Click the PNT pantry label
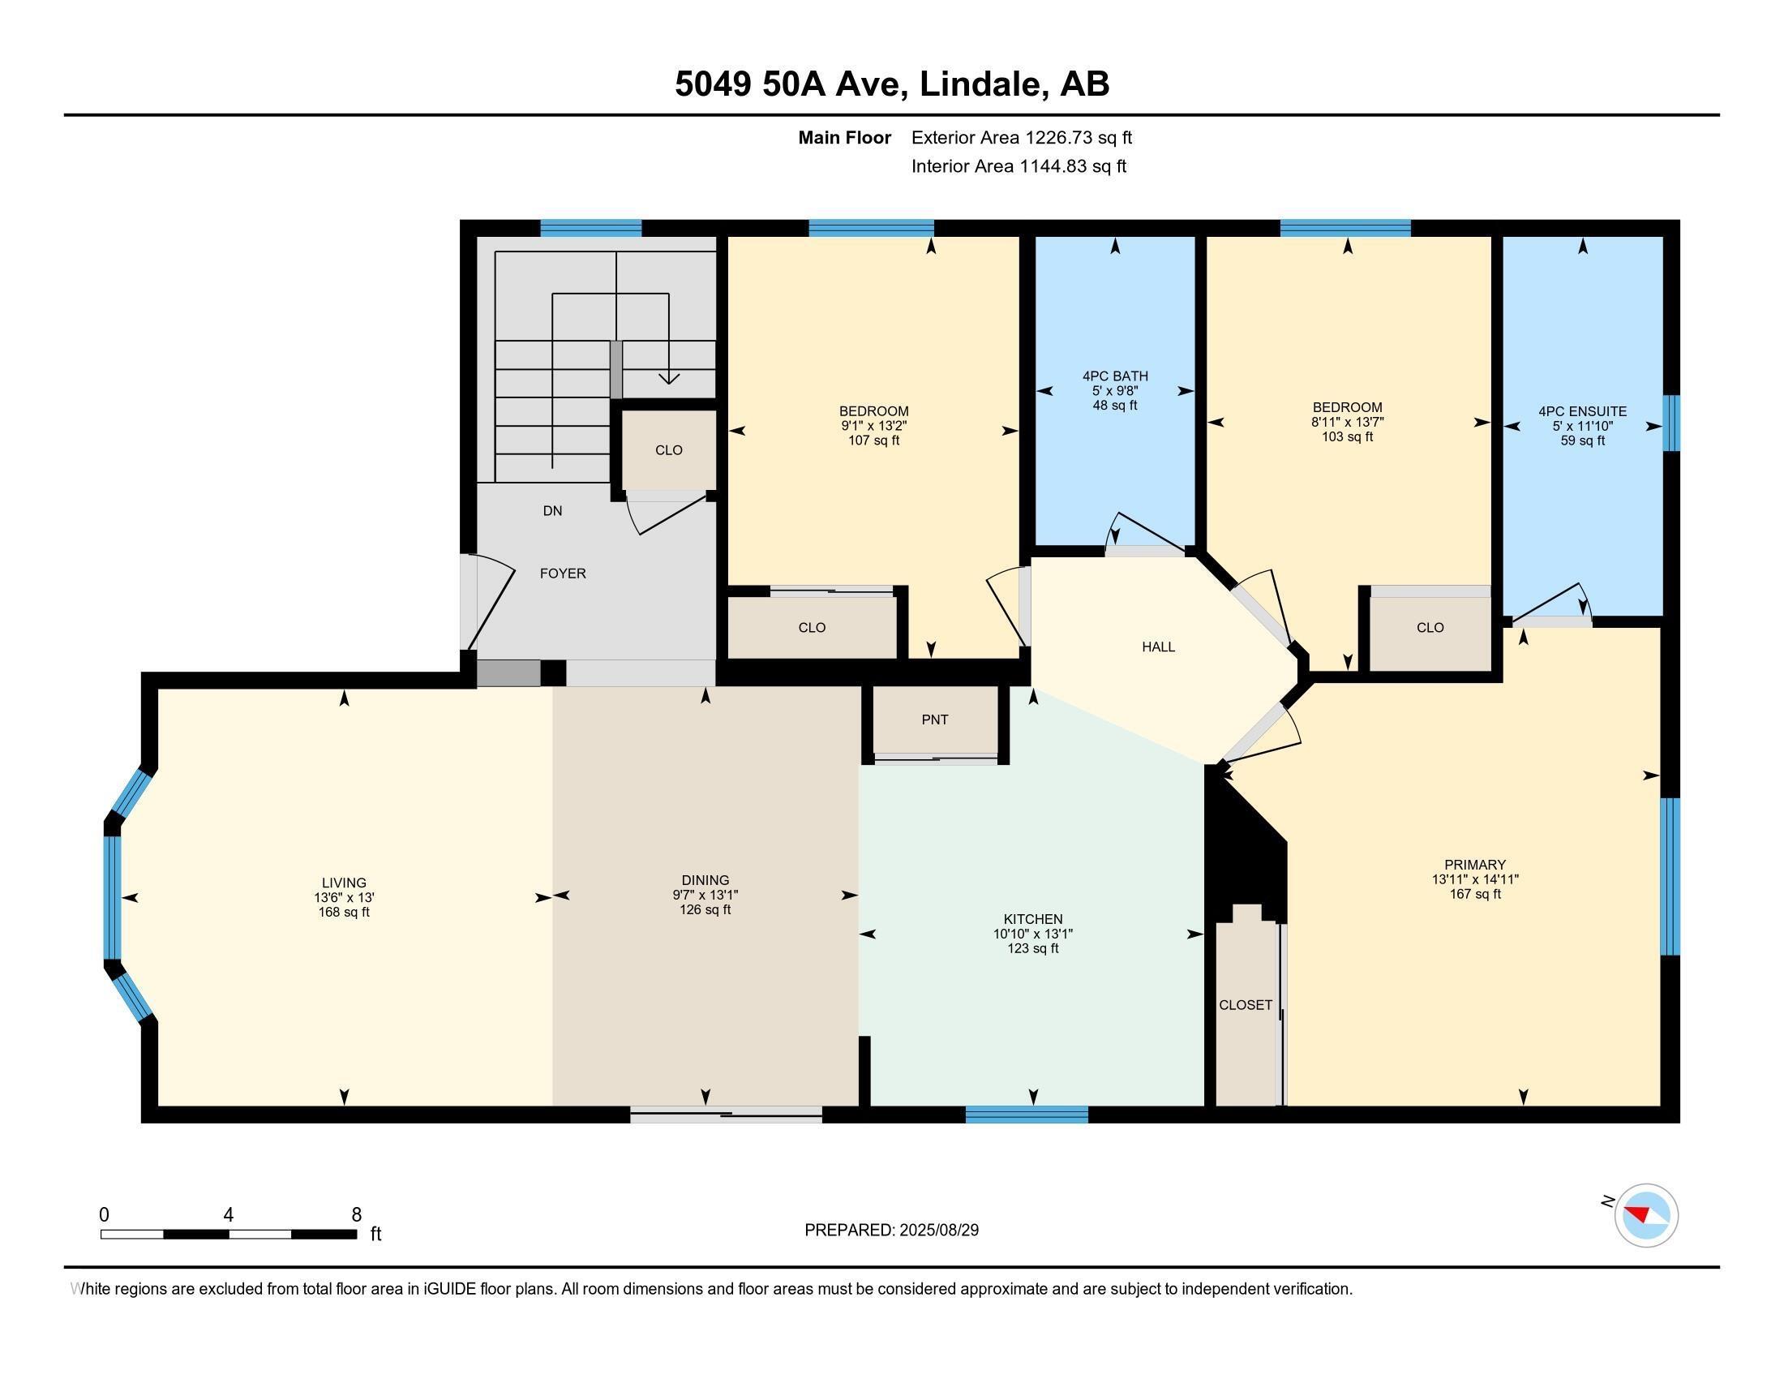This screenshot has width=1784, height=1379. [934, 720]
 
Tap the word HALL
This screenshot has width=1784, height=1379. [1157, 647]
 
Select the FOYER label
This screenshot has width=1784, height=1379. [563, 574]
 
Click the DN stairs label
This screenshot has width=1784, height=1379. [552, 510]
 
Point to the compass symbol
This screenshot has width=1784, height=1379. [1645, 1216]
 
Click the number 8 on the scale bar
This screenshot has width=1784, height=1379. [356, 1215]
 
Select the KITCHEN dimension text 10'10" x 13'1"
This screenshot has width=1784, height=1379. [1032, 934]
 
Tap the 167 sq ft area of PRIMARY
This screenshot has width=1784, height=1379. [1474, 894]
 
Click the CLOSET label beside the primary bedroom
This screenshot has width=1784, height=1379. [1245, 1005]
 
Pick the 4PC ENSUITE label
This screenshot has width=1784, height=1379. [1582, 412]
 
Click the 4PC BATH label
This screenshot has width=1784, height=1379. [1115, 376]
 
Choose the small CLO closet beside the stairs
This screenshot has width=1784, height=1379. [668, 450]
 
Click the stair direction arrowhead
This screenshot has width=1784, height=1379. [669, 378]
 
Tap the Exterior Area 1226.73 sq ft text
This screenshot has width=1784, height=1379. [1021, 137]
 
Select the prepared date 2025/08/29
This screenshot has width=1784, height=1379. [937, 1230]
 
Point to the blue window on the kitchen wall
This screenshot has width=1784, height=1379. [1026, 1115]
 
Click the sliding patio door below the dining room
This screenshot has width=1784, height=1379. [726, 1115]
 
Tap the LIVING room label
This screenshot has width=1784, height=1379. [344, 883]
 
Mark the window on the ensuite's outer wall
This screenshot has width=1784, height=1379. [1671, 423]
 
